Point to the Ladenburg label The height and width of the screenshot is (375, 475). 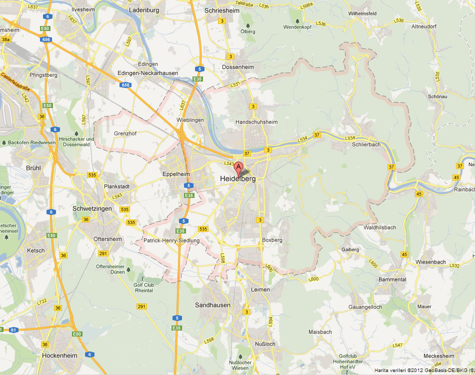pyautogui.click(x=144, y=9)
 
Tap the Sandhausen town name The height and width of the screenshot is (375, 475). pyautogui.click(x=213, y=305)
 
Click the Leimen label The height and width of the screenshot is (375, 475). pyautogui.click(x=260, y=289)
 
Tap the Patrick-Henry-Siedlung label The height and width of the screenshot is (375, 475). pyautogui.click(x=171, y=240)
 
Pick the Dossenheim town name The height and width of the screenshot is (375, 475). pyautogui.click(x=238, y=67)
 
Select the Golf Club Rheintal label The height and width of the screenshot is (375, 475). pyautogui.click(x=143, y=287)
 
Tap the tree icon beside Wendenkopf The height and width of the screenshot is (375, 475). pyautogui.click(x=298, y=21)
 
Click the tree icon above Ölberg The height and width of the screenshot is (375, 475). pyautogui.click(x=247, y=24)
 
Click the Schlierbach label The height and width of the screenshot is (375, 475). pyautogui.click(x=366, y=144)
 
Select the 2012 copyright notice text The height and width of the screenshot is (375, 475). pyautogui.click(x=420, y=369)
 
